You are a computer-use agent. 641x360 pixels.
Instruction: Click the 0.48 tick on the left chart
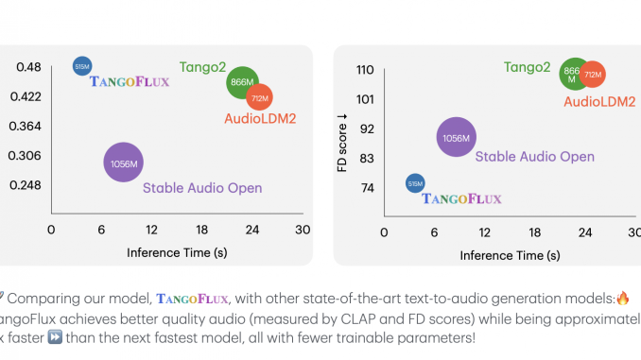click(28, 67)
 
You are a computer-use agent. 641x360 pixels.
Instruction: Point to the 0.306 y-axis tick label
click(25, 156)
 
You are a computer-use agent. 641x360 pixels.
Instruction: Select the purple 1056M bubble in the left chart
click(123, 163)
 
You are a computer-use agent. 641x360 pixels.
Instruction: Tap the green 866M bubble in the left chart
click(243, 83)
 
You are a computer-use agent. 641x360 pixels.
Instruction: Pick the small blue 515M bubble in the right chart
click(414, 183)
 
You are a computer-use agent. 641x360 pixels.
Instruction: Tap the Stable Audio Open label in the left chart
click(201, 188)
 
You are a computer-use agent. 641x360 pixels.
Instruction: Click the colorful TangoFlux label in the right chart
click(461, 198)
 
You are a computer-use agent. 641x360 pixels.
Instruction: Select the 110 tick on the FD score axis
click(365, 70)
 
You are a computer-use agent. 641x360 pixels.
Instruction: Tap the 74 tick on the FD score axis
click(367, 188)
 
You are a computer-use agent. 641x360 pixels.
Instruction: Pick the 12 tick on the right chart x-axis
click(485, 231)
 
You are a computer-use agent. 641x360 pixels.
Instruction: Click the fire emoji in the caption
click(621, 298)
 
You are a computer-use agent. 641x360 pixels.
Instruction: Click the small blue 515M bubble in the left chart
click(82, 65)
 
